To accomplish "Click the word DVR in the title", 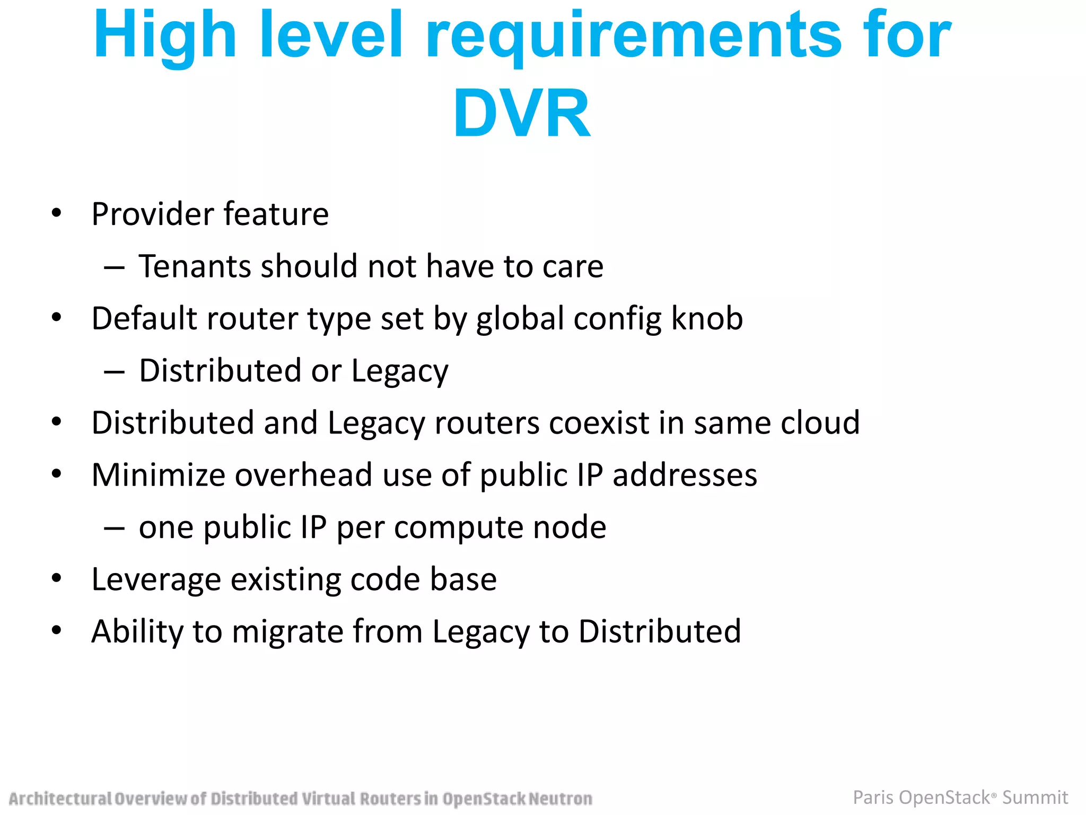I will point(522,114).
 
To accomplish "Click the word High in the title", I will point(165,36).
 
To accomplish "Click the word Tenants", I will point(195,266).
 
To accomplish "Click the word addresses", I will point(685,475).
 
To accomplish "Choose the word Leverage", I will point(156,580).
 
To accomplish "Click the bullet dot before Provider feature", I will point(57,214).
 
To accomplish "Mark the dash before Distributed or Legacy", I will point(115,372).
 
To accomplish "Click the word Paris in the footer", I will point(873,797).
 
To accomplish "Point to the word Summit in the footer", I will point(1035,797).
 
